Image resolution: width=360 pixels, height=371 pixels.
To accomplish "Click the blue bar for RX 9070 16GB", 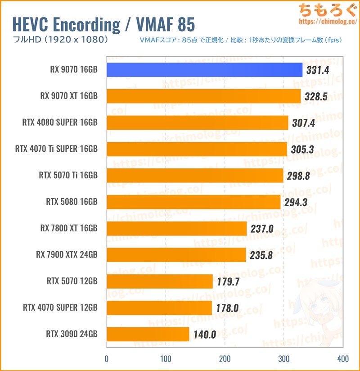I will tap(204, 70).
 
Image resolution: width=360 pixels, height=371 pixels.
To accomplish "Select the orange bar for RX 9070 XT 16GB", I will tap(203, 96).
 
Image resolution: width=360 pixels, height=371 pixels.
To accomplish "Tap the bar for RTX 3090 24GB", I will tap(148, 335).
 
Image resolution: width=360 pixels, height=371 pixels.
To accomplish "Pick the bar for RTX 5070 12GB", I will tap(159, 281).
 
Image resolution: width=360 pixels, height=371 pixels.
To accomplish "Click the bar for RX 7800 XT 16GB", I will tap(176, 229).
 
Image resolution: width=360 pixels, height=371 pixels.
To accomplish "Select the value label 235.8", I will tap(262, 255).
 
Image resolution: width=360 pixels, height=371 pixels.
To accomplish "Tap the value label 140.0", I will tap(205, 335).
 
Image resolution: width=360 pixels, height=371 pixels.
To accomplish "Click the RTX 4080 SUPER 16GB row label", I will tap(66, 122).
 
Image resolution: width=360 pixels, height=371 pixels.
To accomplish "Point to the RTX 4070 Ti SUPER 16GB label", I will tap(56, 149).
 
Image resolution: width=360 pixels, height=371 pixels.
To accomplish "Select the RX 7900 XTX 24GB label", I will tap(67, 255).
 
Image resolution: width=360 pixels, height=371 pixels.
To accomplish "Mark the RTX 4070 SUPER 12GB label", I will tap(60, 308).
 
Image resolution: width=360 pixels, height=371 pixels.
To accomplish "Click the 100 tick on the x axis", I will tap(166, 359).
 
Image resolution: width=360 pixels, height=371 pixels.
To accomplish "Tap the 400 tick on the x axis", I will tap(342, 359).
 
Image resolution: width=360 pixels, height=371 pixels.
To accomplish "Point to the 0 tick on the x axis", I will tap(107, 359).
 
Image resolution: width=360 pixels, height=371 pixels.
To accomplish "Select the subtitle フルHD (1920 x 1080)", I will tap(58, 40).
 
